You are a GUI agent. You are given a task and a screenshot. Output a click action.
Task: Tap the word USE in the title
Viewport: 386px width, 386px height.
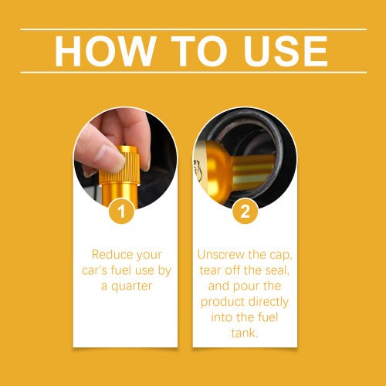click(286, 51)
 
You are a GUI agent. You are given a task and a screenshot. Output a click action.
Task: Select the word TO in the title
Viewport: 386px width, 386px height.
click(199, 51)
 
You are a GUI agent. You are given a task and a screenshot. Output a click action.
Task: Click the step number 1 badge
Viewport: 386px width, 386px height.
click(121, 211)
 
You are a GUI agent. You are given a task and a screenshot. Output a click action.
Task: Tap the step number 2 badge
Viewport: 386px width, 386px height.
click(245, 211)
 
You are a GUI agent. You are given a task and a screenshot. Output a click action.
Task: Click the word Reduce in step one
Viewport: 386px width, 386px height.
click(112, 255)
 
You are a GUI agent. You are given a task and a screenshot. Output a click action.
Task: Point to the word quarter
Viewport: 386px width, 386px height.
click(132, 286)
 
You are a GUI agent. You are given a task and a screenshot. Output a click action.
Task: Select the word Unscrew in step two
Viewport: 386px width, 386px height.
click(222, 255)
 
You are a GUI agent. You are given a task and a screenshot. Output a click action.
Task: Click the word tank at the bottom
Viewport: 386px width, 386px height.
click(244, 333)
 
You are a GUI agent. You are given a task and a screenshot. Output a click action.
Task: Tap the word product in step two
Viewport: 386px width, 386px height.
click(222, 302)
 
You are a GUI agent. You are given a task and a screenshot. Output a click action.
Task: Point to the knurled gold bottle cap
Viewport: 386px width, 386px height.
click(120, 164)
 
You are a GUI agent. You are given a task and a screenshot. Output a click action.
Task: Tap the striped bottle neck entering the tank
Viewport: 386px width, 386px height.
click(252, 172)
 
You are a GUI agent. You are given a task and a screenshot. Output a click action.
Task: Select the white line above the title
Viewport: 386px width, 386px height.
click(194, 29)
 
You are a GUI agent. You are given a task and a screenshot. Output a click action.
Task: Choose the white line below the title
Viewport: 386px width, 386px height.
click(194, 73)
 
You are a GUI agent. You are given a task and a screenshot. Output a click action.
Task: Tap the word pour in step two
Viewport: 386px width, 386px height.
click(245, 286)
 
